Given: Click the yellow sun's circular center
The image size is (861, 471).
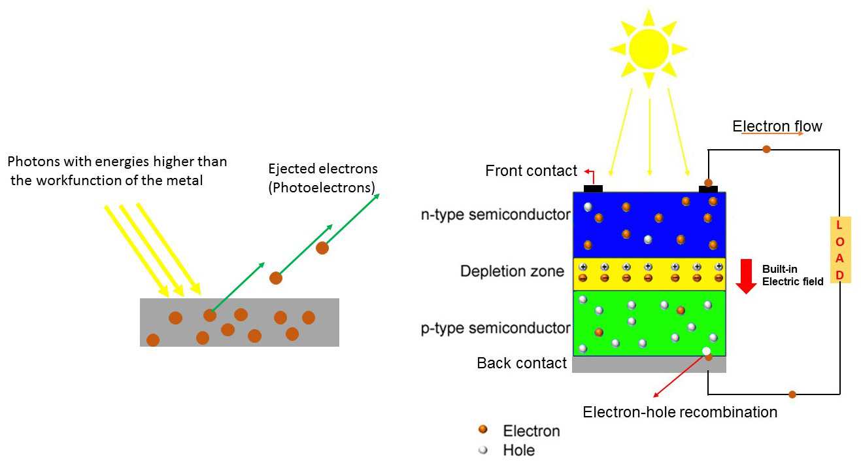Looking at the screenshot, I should pyautogui.click(x=649, y=48).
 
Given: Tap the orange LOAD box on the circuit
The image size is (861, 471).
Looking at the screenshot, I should pyautogui.click(x=840, y=250).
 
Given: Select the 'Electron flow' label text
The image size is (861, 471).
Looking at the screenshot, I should pyautogui.click(x=777, y=126).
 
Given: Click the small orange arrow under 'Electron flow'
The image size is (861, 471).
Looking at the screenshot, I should pyautogui.click(x=781, y=134).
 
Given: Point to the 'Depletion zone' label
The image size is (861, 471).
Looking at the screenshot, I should pyautogui.click(x=512, y=271).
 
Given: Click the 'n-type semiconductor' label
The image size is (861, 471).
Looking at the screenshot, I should pyautogui.click(x=496, y=215).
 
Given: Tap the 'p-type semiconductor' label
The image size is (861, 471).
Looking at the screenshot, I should pyautogui.click(x=496, y=328).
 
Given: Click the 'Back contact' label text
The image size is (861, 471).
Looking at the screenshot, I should pyautogui.click(x=522, y=363).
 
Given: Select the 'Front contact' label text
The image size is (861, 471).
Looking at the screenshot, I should pyautogui.click(x=531, y=171).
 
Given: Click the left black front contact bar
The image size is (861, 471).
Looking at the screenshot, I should pyautogui.click(x=593, y=188).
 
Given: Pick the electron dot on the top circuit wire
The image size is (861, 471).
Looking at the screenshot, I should pyautogui.click(x=766, y=149).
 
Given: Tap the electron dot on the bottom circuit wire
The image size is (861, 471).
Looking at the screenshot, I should pyautogui.click(x=792, y=394).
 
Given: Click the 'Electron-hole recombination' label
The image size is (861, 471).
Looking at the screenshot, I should pyautogui.click(x=680, y=412).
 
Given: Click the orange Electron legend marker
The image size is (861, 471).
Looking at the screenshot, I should pyautogui.click(x=483, y=430).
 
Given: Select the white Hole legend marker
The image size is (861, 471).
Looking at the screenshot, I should pyautogui.click(x=483, y=450).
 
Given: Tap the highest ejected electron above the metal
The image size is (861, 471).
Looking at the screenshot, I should pyautogui.click(x=322, y=248).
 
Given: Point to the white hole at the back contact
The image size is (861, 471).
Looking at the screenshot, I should pyautogui.click(x=706, y=351).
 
